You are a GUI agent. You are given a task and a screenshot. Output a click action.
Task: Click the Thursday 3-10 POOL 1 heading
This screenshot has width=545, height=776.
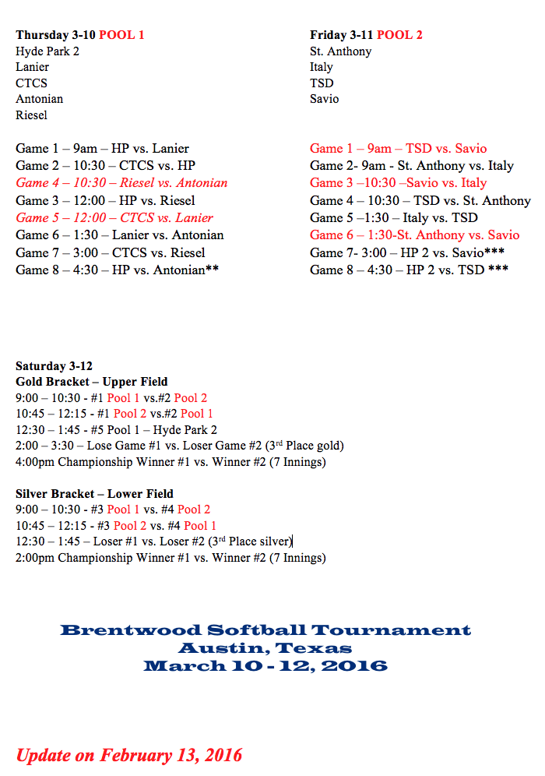click(x=79, y=35)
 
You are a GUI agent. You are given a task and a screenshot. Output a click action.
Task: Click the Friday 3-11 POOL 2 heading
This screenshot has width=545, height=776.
click(x=366, y=35)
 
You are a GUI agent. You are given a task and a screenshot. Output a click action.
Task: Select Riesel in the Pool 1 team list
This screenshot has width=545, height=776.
click(x=31, y=115)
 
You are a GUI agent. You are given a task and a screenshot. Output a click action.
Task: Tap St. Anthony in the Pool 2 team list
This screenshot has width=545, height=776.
click(x=340, y=51)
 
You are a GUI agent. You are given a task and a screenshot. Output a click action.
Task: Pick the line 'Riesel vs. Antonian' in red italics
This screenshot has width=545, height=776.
click(x=121, y=183)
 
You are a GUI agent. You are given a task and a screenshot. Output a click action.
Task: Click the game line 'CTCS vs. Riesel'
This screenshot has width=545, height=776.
click(x=111, y=252)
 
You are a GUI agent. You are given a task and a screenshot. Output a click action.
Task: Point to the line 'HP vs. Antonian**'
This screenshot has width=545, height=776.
click(x=117, y=270)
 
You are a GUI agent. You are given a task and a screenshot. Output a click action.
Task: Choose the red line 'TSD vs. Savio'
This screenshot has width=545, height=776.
click(x=398, y=149)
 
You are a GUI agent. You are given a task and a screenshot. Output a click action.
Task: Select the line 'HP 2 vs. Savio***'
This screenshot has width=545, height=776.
click(x=409, y=252)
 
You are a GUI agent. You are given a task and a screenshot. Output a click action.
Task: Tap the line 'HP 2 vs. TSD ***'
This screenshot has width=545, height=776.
click(x=409, y=270)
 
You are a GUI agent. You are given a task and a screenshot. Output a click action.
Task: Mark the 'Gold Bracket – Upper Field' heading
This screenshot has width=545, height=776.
click(x=91, y=383)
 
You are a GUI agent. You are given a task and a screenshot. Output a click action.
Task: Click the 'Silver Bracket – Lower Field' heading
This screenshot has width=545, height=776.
click(x=94, y=494)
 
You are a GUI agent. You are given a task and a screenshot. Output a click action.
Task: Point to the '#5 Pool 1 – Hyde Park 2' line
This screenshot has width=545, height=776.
click(x=116, y=430)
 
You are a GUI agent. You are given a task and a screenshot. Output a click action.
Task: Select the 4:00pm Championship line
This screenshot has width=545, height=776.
click(x=171, y=462)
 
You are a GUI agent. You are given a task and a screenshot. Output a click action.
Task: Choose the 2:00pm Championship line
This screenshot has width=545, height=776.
click(x=171, y=558)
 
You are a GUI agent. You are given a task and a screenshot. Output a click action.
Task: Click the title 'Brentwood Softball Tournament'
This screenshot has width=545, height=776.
click(x=265, y=630)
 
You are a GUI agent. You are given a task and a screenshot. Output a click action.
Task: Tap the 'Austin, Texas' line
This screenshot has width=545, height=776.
click(x=265, y=648)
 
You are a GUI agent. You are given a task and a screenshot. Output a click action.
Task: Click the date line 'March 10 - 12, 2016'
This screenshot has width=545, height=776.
click(x=265, y=666)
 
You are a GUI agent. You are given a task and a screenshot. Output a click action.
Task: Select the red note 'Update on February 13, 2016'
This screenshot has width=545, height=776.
click(x=129, y=755)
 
